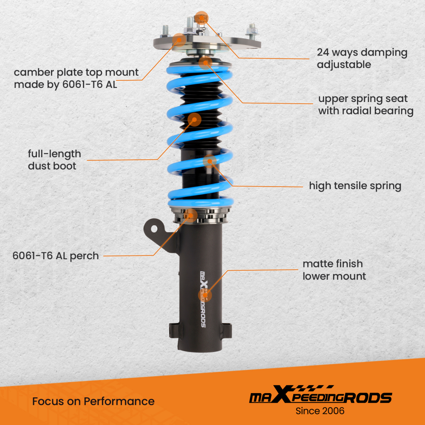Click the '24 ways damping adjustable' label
pos(362,59)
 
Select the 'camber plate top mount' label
pos(76,78)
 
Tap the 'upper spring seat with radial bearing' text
pos(365,105)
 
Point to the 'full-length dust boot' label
pos(54,160)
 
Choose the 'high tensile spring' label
pos(355,186)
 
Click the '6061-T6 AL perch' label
pos(56,256)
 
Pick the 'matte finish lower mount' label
pos(334,270)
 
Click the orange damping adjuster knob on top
pos(201,17)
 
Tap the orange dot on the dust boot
pos(194,119)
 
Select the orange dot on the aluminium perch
pos(190,215)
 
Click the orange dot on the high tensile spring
pos(210,162)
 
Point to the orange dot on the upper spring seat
pos(205,63)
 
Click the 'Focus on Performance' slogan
pos(93,401)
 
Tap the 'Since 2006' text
pos(320,411)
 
